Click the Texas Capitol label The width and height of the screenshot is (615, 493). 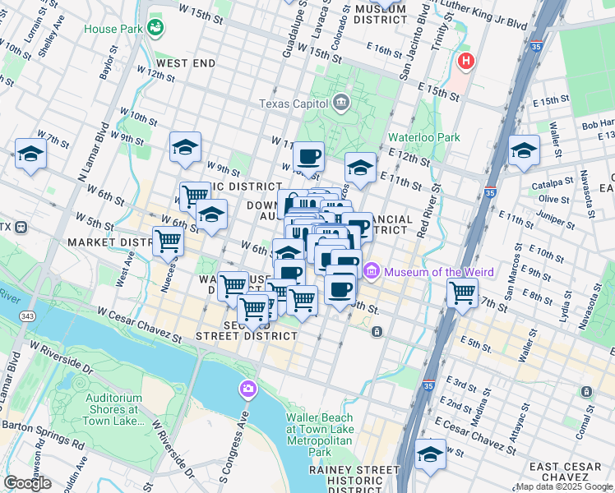[x=294, y=104]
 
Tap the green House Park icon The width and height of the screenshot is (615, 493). [x=155, y=29]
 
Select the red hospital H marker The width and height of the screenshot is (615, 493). [x=466, y=61]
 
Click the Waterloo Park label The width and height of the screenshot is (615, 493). [x=427, y=137]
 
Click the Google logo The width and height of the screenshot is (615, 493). [x=27, y=482]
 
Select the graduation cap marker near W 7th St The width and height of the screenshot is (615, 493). [x=31, y=154]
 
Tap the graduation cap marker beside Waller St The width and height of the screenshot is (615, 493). [x=524, y=150]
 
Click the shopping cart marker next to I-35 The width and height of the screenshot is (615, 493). [x=463, y=291]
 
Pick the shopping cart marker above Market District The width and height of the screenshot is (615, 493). [x=168, y=242]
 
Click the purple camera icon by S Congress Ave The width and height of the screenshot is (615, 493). [x=247, y=388]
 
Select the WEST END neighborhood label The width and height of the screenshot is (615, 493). [x=186, y=63]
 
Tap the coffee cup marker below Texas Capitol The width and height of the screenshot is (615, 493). [x=308, y=156]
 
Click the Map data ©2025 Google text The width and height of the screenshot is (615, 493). [x=564, y=486]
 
